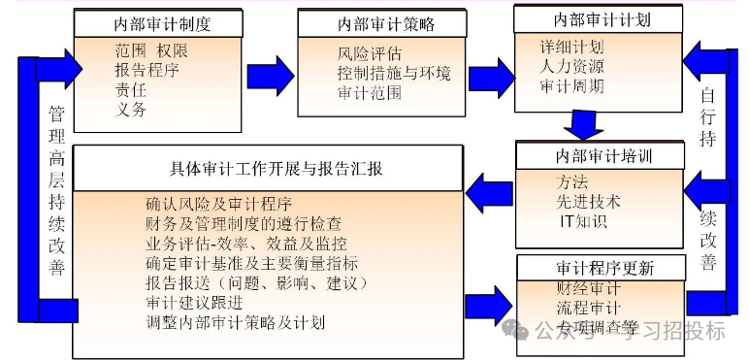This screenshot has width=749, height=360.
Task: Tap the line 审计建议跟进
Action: [194, 302]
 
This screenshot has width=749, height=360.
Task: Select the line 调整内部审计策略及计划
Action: [234, 321]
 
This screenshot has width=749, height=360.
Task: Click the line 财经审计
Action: [590, 288]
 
